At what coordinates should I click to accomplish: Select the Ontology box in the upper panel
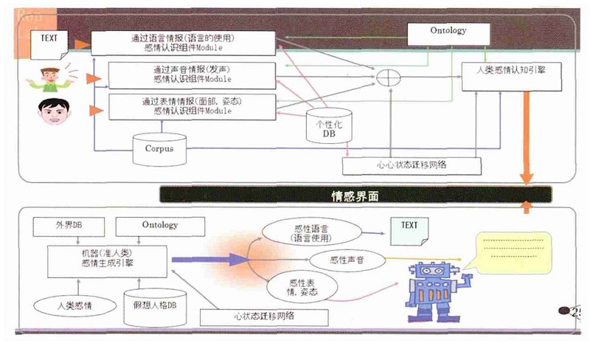click(448, 32)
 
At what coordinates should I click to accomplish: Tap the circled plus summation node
click(385, 77)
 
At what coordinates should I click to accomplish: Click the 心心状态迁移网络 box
click(412, 165)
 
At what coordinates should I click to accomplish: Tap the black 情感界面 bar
click(355, 195)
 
